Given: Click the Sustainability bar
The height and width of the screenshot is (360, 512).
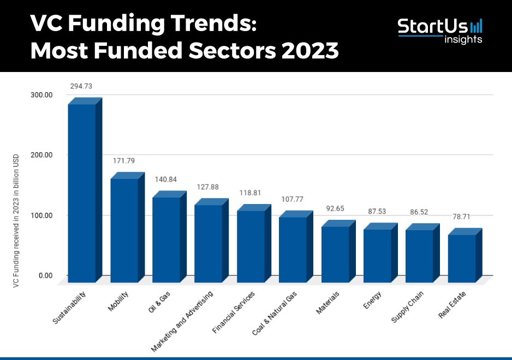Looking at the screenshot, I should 82,193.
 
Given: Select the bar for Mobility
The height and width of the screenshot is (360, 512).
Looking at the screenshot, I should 124,230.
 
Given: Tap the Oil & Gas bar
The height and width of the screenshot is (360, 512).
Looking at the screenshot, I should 166,239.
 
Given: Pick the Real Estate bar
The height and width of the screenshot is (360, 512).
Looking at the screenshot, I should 462,257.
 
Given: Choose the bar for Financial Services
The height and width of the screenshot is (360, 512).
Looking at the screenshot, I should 251,245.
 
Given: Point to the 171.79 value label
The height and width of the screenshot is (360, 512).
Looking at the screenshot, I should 123,161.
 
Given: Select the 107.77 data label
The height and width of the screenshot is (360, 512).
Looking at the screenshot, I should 293,199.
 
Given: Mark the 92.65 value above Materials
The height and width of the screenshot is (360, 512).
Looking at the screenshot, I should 335,208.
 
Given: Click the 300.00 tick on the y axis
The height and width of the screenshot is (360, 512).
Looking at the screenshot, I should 42,95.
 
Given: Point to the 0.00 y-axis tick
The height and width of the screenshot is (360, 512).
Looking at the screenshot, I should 45,275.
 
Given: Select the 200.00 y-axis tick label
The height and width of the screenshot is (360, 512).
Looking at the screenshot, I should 42,155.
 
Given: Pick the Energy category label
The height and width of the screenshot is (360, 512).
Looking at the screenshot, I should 372,300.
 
